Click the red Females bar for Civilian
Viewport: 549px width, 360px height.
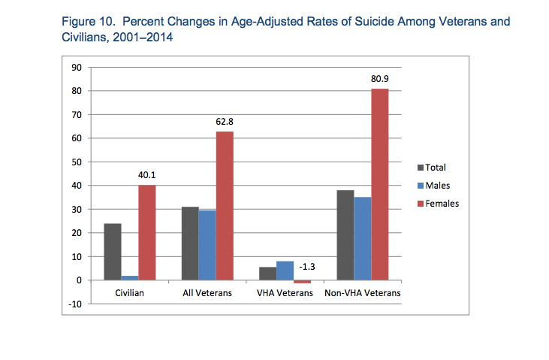146,232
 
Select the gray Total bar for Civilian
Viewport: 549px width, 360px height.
113,251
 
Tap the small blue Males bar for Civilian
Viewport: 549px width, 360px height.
129,277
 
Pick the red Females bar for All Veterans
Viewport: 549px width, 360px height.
225,205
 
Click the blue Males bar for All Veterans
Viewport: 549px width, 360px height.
207,245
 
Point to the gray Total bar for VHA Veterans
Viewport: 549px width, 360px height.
268,274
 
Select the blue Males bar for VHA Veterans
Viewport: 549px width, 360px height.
285,271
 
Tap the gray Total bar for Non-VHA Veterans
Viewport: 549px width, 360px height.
345,234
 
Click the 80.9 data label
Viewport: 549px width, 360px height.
379,78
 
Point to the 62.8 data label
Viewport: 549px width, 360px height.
225,121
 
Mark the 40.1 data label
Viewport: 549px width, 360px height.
146,174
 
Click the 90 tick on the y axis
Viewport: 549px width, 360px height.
77,68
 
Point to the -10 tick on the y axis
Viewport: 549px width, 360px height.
75,304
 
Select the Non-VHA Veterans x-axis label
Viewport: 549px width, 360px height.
363,292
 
